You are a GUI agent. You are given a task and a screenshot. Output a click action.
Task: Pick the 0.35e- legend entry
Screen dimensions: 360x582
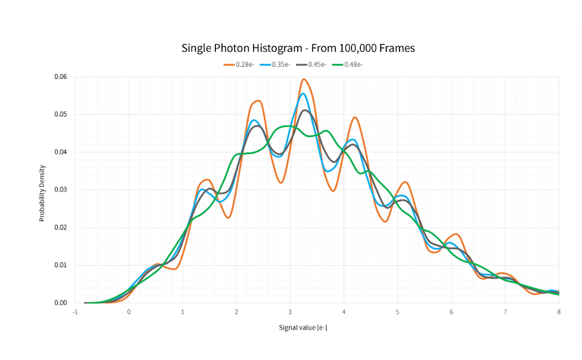point(281,64)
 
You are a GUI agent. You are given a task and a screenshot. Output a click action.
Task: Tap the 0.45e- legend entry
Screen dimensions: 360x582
point(317,64)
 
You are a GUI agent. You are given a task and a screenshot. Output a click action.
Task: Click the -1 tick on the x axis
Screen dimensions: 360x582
point(75,311)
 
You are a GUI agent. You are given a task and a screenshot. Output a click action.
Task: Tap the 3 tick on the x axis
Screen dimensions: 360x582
point(290,311)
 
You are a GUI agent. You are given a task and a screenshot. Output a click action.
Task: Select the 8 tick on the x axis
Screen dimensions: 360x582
point(558,311)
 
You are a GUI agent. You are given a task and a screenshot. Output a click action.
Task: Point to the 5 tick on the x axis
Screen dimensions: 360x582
point(397,311)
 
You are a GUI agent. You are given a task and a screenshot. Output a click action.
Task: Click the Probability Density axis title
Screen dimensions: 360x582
point(43,193)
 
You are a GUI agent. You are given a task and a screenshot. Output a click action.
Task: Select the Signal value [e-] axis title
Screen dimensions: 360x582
point(303,328)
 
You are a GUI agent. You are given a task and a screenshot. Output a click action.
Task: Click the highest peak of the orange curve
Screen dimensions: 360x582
point(304,79)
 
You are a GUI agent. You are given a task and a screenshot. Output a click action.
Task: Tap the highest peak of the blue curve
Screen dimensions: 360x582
point(303,93)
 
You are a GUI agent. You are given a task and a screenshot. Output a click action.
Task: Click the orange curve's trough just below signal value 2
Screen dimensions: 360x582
point(228,217)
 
